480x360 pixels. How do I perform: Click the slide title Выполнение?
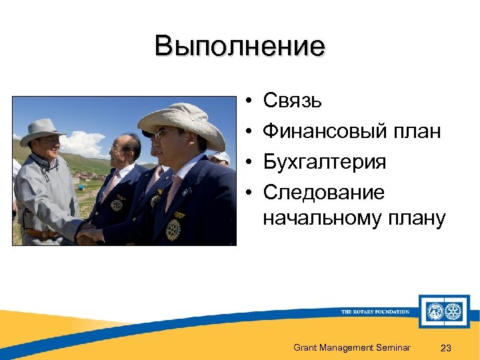pos(239,47)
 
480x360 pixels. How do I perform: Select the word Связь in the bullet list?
pos(293,101)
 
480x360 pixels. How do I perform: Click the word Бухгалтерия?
pos(324,162)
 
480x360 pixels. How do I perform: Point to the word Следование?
pos(323,193)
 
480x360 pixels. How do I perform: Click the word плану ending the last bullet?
pos(415,218)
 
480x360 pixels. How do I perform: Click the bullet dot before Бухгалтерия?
pos(247,163)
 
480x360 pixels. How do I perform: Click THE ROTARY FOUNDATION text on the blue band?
pos(375,311)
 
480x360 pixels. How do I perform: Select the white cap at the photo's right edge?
pos(222,157)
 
